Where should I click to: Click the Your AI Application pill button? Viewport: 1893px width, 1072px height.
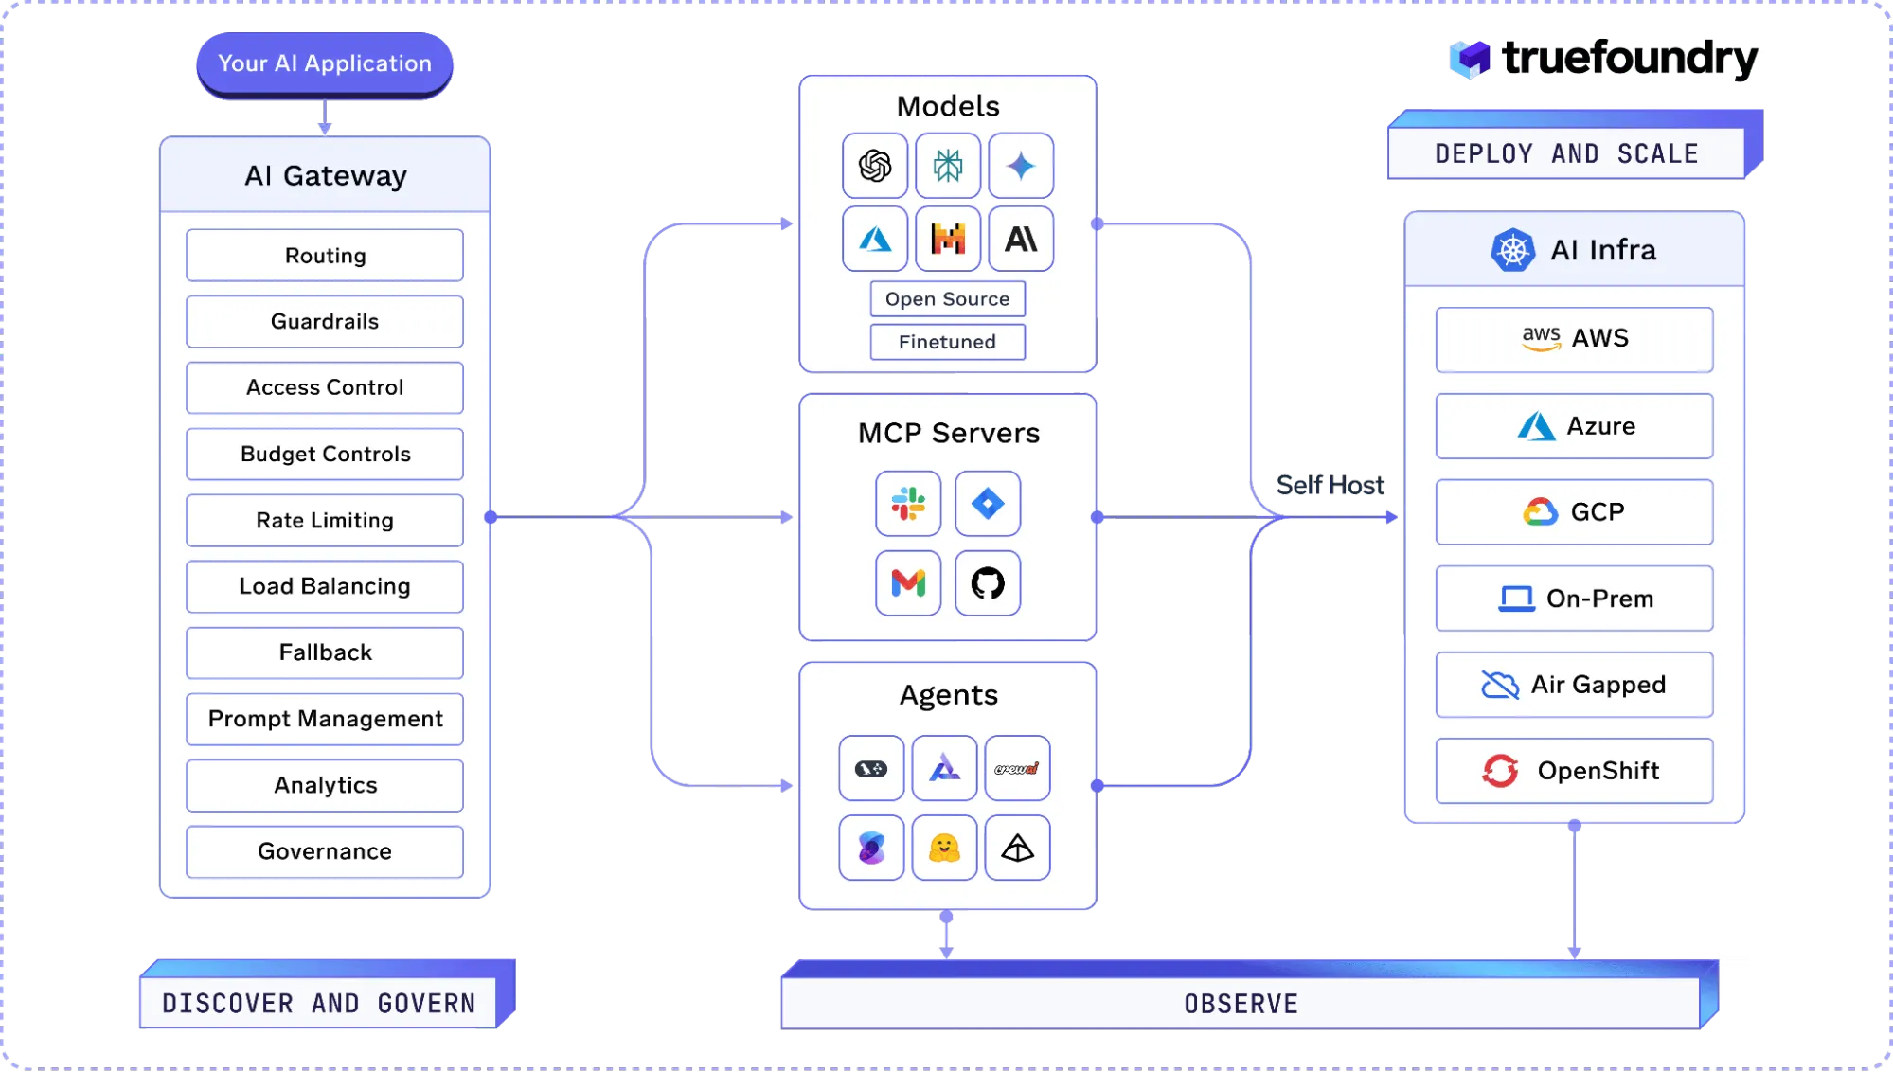pos(325,63)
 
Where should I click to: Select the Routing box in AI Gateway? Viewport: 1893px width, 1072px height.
pos(325,256)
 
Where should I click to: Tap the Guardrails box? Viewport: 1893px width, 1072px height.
pos(325,322)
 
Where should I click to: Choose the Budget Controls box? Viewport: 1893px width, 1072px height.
pos(325,455)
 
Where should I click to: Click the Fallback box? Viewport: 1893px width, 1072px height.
pos(325,653)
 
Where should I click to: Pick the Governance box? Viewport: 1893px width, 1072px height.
pos(325,852)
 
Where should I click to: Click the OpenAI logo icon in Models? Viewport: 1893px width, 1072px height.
pos(875,166)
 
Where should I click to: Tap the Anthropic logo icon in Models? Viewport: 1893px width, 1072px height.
pos(1021,239)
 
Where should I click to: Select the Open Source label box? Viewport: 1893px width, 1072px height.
pos(947,299)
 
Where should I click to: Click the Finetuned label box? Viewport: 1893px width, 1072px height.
pos(947,342)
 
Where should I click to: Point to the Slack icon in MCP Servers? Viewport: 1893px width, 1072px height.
pos(908,504)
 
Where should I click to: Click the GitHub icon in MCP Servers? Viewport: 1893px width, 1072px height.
pos(988,583)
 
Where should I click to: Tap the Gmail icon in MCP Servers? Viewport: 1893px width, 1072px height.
pos(908,583)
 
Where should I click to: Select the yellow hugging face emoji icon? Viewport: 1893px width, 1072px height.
pos(944,848)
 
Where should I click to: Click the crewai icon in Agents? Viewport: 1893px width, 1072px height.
pos(1017,768)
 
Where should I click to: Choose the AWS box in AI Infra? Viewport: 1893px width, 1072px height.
pos(1574,339)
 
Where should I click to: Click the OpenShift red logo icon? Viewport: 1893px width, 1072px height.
pos(1500,771)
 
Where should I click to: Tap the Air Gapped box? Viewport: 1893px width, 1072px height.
pos(1574,685)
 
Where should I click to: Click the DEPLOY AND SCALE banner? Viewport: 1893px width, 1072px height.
pos(1566,153)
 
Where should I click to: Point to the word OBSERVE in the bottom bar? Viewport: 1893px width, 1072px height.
pos(1241,1004)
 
